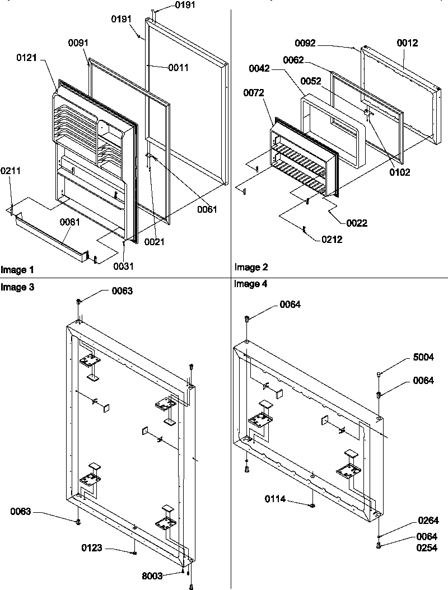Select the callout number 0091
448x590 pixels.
click(78, 43)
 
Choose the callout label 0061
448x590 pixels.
click(206, 209)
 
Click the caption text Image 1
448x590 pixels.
click(14, 270)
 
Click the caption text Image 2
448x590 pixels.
click(248, 268)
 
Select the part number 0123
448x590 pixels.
click(92, 548)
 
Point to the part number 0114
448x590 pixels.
click(276, 498)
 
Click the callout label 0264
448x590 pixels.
click(428, 520)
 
